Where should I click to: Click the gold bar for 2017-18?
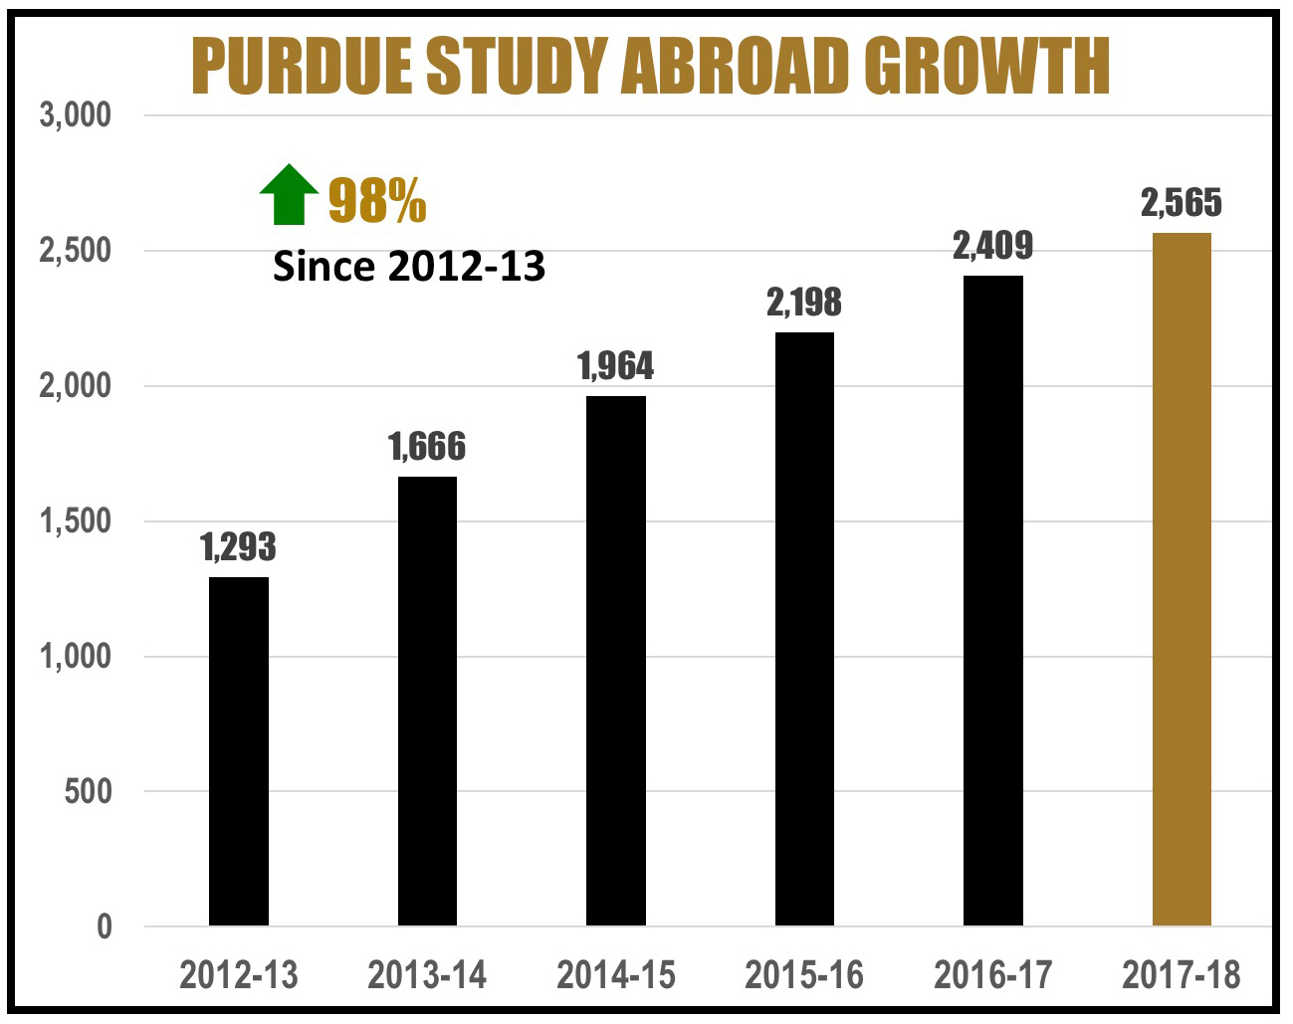click(1182, 579)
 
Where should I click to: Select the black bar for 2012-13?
click(239, 751)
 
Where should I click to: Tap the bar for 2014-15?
click(616, 661)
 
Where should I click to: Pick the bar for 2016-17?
click(993, 600)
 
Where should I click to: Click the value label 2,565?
click(1182, 203)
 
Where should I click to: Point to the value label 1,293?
click(239, 547)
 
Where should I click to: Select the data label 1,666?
click(427, 447)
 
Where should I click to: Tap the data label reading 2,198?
click(804, 303)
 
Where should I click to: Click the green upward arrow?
click(289, 194)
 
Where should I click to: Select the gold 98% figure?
click(377, 201)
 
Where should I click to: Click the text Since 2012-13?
click(409, 266)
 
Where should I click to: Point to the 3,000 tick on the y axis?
click(76, 115)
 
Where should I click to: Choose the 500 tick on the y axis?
click(89, 792)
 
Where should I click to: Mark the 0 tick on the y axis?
click(105, 927)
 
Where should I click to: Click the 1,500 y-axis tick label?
click(76, 521)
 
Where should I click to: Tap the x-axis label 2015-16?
click(804, 975)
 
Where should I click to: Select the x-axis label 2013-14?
click(427, 975)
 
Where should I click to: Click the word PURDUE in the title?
click(301, 67)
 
